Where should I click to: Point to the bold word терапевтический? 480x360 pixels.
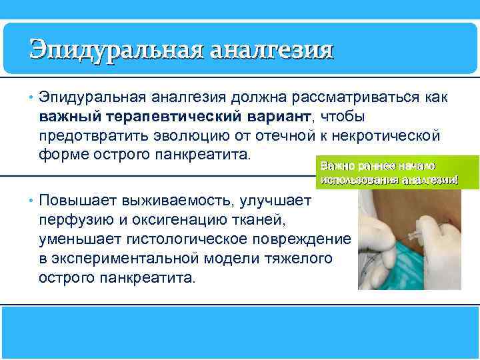tap(169, 117)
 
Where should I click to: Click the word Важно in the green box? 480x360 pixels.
tap(335, 165)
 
